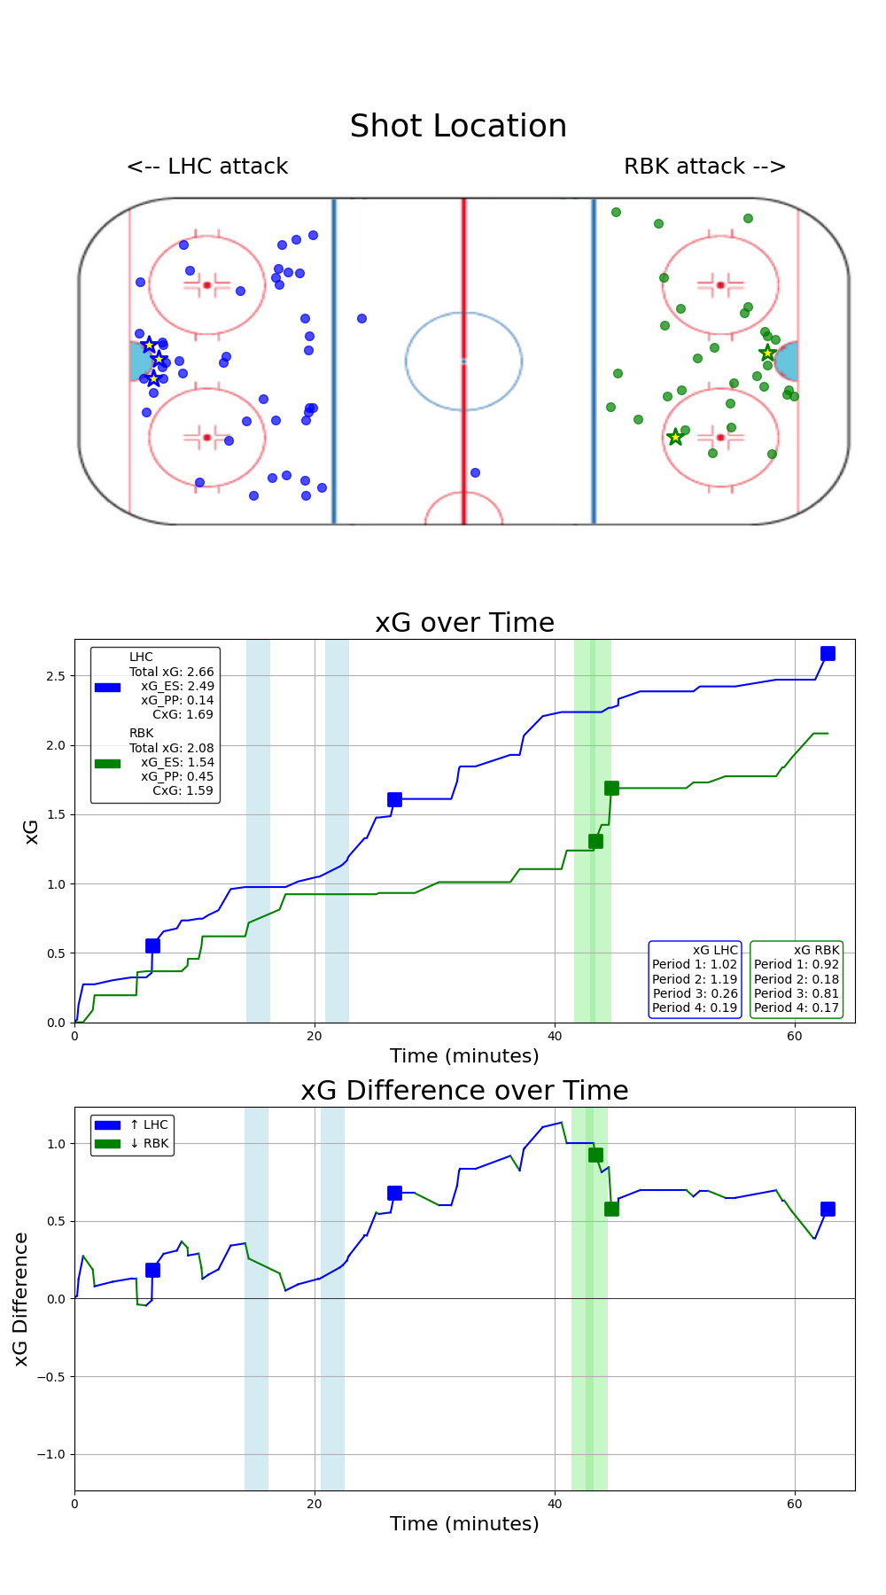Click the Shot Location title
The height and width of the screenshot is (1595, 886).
pos(458,127)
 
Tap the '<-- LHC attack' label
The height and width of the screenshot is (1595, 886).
pos(207,167)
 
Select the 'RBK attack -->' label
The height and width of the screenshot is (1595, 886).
pos(704,167)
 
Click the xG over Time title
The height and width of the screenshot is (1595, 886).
pos(464,623)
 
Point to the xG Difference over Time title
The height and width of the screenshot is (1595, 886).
pos(464,1091)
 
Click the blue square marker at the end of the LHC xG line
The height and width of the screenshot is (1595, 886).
pos(828,653)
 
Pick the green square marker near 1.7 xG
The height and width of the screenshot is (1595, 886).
pos(611,788)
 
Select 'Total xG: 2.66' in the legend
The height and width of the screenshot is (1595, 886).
pos(171,672)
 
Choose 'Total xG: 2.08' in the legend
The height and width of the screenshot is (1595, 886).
pos(171,748)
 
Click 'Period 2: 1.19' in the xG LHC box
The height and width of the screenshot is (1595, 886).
pos(695,979)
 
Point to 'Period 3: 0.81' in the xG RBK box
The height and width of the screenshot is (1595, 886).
pos(796,993)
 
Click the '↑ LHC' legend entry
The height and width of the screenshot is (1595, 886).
pos(148,1124)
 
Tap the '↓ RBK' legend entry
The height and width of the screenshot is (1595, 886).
pos(148,1143)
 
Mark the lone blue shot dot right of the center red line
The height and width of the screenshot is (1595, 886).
pos(475,472)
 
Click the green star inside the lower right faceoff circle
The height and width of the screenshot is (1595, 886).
pos(675,437)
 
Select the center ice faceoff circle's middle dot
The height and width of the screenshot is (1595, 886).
pos(463,361)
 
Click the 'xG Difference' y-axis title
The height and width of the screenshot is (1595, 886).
pos(21,1298)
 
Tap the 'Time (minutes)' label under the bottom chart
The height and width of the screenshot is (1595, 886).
pos(464,1524)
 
